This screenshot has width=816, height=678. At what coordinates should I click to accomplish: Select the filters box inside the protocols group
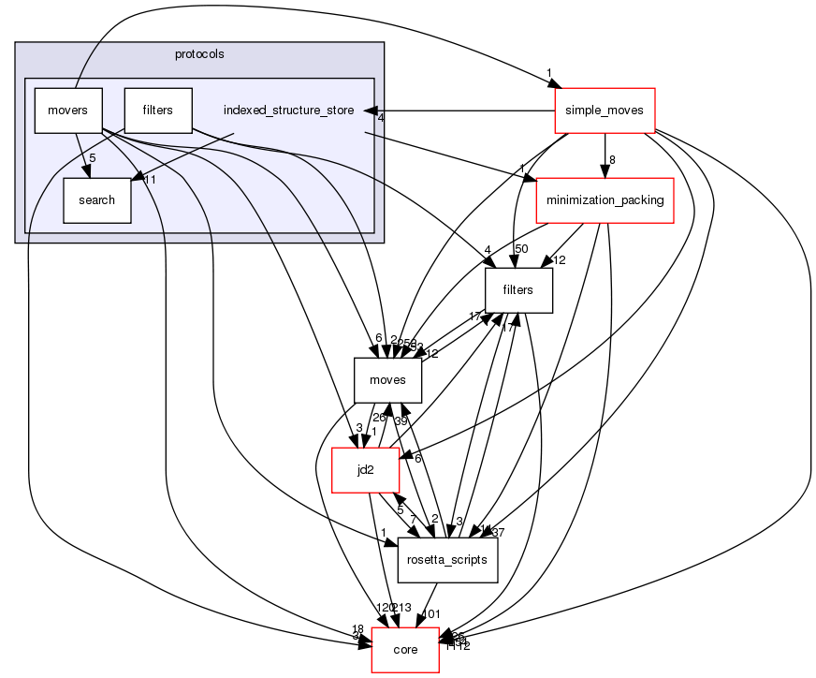point(158,111)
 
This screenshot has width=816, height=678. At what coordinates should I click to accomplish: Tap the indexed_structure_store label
point(288,111)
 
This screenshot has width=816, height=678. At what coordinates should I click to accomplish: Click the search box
point(96,199)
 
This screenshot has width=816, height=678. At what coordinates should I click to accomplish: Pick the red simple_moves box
point(604,111)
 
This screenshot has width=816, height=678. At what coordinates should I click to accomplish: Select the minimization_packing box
point(604,200)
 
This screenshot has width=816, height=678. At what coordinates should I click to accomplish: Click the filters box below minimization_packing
point(517,290)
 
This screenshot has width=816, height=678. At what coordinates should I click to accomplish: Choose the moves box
point(387,380)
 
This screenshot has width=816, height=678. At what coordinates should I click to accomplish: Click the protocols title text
point(198,54)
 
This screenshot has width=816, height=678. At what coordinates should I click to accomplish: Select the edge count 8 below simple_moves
point(612,160)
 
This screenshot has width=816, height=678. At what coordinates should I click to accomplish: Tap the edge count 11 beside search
point(148,180)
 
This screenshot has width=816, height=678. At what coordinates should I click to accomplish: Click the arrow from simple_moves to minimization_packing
point(604,155)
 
